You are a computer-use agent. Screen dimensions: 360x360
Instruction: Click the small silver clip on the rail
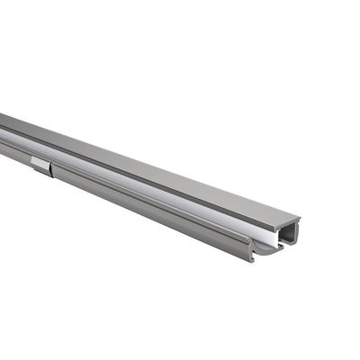click(x=40, y=164)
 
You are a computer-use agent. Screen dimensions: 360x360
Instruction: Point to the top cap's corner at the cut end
click(x=299, y=219)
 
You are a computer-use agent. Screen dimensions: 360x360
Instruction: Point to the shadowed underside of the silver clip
click(x=40, y=171)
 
